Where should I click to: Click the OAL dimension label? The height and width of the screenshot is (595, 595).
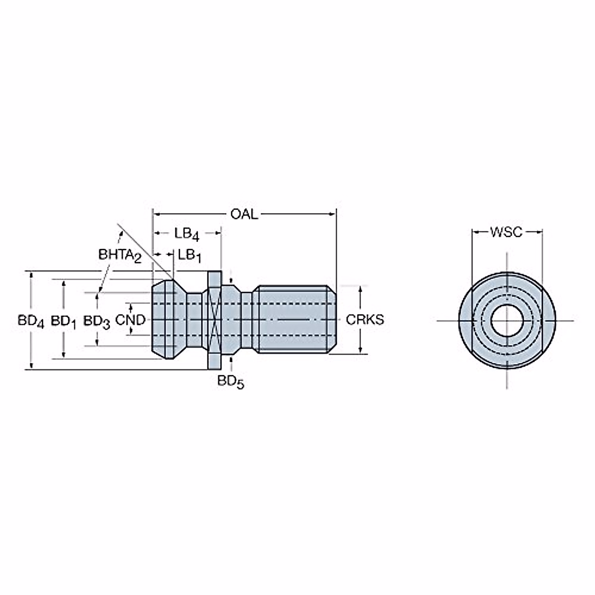click(x=244, y=214)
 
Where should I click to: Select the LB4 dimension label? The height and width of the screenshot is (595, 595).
click(x=186, y=233)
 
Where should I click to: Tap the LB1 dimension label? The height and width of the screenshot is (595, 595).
click(x=189, y=255)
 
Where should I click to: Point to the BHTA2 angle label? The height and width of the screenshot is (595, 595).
click(x=119, y=255)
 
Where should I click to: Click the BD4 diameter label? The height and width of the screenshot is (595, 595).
click(x=31, y=321)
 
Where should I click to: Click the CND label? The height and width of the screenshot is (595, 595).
click(x=130, y=320)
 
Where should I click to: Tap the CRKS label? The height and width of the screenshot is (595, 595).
click(x=364, y=320)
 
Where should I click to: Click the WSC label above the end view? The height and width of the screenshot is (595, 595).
click(x=506, y=232)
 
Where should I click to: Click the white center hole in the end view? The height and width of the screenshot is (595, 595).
click(x=506, y=320)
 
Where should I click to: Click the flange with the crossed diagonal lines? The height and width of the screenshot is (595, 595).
click(x=214, y=320)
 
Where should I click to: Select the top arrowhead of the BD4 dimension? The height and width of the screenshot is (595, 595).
click(x=31, y=274)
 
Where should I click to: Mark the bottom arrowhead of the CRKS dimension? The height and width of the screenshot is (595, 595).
click(x=360, y=350)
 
